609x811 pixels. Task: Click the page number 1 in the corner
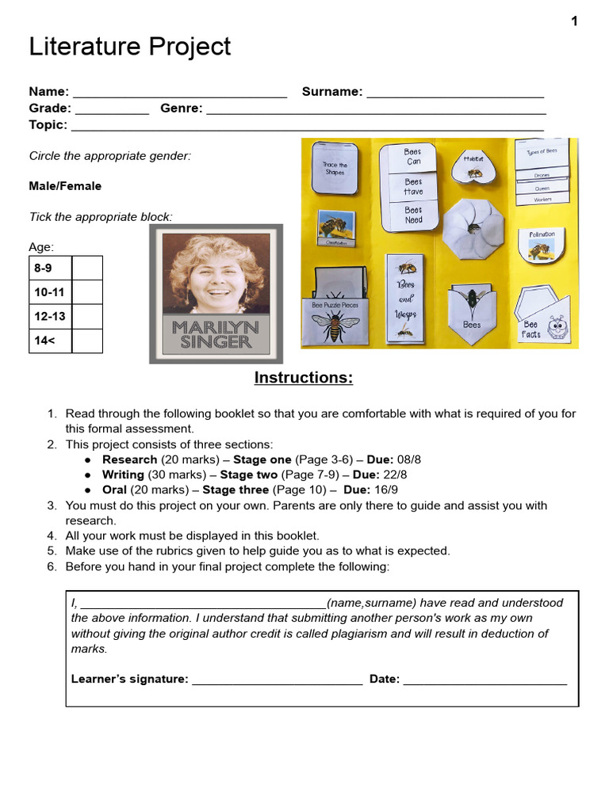pos(574,21)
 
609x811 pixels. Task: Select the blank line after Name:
pos(179,93)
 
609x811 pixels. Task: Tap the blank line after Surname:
pos(455,93)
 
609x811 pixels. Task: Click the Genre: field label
pos(181,109)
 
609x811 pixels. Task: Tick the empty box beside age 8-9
pos(87,268)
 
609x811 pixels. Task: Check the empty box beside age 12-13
pos(87,316)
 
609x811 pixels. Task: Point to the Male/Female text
pos(65,186)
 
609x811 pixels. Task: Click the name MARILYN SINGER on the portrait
pos(216,335)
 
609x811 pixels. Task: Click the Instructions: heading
pos(303,378)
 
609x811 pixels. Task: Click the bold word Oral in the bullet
pos(114,490)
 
